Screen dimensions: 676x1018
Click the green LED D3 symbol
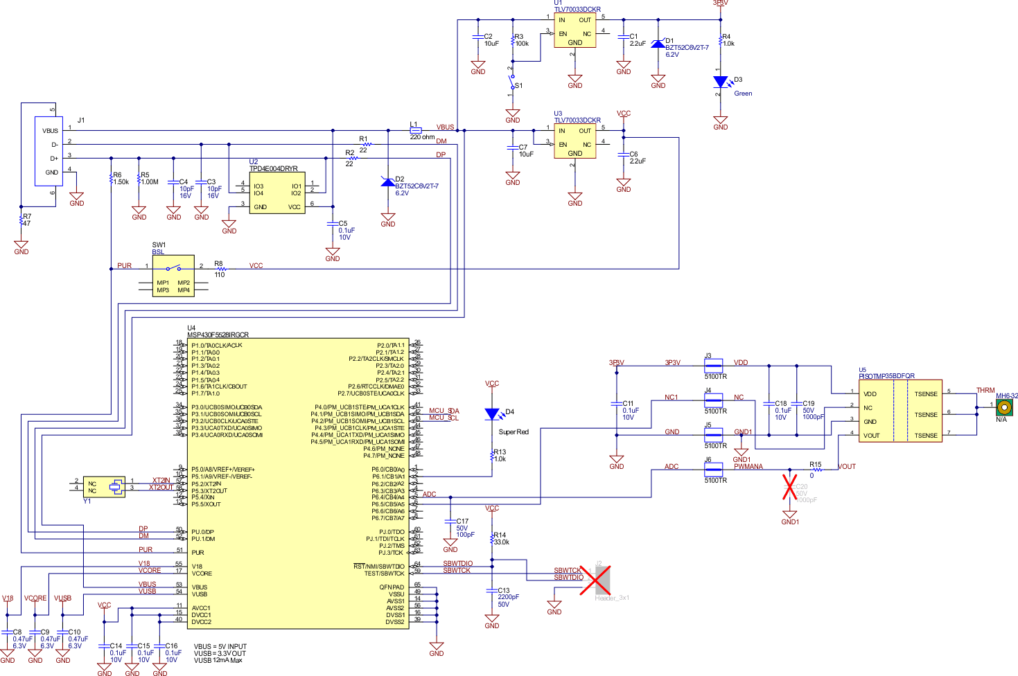[721, 82]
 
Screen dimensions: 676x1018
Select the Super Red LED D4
[492, 414]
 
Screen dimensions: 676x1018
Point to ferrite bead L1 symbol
[415, 130]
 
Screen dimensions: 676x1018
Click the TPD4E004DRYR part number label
[273, 169]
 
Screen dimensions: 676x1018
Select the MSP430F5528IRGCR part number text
[218, 335]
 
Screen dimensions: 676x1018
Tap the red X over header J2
[595, 580]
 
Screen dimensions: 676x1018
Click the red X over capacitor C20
[789, 486]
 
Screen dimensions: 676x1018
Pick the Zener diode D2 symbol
[388, 182]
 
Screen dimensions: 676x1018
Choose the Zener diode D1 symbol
[658, 44]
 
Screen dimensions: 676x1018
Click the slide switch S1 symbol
[513, 86]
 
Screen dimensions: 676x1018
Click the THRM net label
[985, 391]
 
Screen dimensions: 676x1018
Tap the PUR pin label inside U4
[198, 553]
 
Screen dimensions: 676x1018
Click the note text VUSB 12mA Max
[218, 661]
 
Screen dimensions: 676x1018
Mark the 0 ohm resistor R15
[816, 470]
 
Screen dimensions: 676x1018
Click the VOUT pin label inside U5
[871, 436]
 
